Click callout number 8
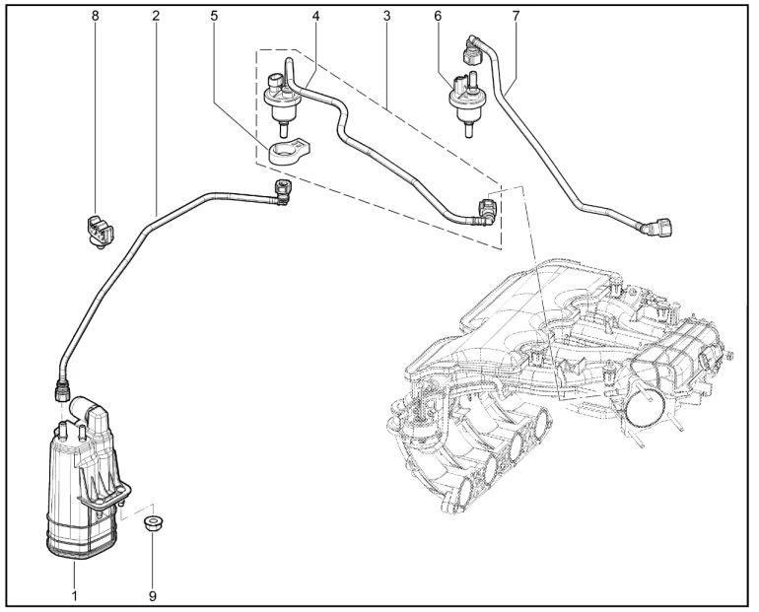point(96,16)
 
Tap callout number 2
point(156,16)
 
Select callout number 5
point(214,16)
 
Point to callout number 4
point(315,16)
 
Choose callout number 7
point(516,16)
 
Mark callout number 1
point(74,594)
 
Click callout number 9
point(153,594)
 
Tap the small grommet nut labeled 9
point(153,521)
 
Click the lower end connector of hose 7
point(655,229)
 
